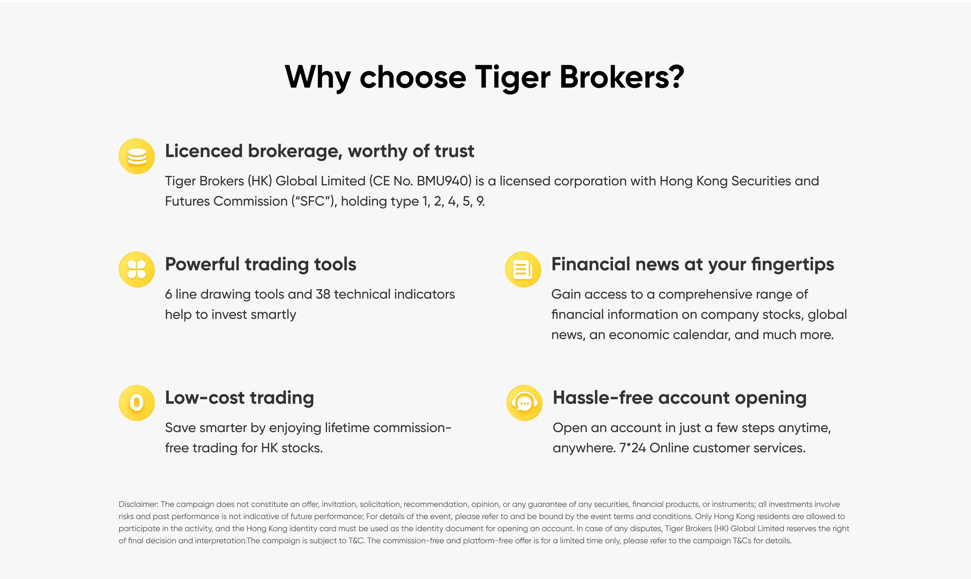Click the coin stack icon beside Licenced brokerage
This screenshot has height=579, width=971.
click(137, 156)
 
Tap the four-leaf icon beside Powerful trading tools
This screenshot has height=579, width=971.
click(137, 269)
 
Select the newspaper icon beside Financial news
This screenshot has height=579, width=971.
click(523, 269)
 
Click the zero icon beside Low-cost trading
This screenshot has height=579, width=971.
click(137, 403)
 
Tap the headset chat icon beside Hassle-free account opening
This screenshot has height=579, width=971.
click(524, 403)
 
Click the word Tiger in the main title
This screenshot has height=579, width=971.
click(512, 77)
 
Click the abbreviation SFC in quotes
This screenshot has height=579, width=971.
click(312, 201)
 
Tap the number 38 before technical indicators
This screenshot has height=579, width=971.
click(323, 294)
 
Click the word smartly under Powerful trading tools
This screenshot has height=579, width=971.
click(273, 315)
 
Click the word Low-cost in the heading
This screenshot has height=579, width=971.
click(205, 398)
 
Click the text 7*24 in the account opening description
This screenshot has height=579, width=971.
click(632, 448)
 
